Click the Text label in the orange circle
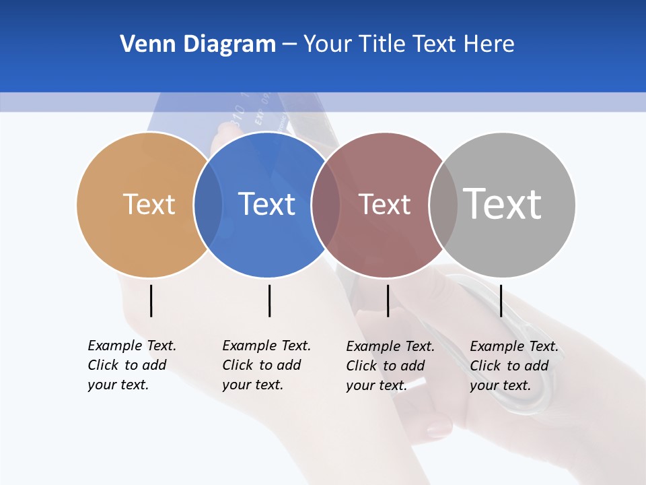[x=149, y=204]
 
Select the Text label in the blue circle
[x=267, y=204]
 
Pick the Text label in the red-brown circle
[x=384, y=204]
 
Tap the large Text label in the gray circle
[x=503, y=203]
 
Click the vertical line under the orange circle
[x=151, y=300]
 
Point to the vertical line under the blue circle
[x=269, y=300]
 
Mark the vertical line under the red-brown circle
[x=388, y=300]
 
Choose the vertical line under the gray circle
[x=501, y=300]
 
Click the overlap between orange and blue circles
[x=208, y=205]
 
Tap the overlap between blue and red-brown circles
[x=326, y=205]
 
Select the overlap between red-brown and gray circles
[x=443, y=205]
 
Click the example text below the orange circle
[x=131, y=365]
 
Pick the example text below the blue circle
[x=266, y=365]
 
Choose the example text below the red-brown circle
[x=390, y=366]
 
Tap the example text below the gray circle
[x=513, y=366]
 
